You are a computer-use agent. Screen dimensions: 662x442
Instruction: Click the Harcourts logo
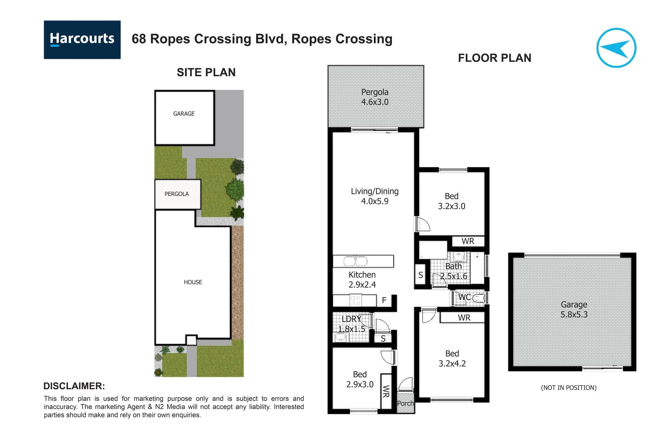pos(82,40)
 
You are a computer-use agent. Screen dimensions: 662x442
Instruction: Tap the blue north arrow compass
pos(616,48)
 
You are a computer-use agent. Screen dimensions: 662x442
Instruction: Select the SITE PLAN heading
pos(206,72)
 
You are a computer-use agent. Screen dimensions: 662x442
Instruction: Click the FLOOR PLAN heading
pos(494,58)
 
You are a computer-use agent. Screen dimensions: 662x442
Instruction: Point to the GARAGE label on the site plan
pos(184,114)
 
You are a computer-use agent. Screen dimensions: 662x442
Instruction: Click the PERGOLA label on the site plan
pos(177,194)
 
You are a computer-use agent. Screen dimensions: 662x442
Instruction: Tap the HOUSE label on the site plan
pos(193,282)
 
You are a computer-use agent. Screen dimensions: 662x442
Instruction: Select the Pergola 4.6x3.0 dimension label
pos(375,97)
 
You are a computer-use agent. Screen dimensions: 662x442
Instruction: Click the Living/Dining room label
pos(375,196)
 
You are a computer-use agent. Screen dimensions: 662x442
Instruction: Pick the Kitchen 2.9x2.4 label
pos(362,280)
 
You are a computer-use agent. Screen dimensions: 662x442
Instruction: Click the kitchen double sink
pos(356,261)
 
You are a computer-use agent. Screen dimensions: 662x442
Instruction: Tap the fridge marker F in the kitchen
pos(384,300)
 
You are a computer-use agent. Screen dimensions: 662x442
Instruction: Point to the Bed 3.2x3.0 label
pos(452,201)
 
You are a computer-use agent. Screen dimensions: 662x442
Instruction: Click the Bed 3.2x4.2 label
pos(452,359)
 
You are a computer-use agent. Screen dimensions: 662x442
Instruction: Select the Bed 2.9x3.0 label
pos(360,379)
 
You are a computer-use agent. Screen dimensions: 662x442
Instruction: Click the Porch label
pos(405,404)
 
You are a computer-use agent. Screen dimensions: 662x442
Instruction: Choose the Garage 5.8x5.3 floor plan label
pos(574,309)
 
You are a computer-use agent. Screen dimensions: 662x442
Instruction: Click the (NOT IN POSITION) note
pos(568,388)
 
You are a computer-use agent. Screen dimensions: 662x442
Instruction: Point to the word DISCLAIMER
pos(74,386)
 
